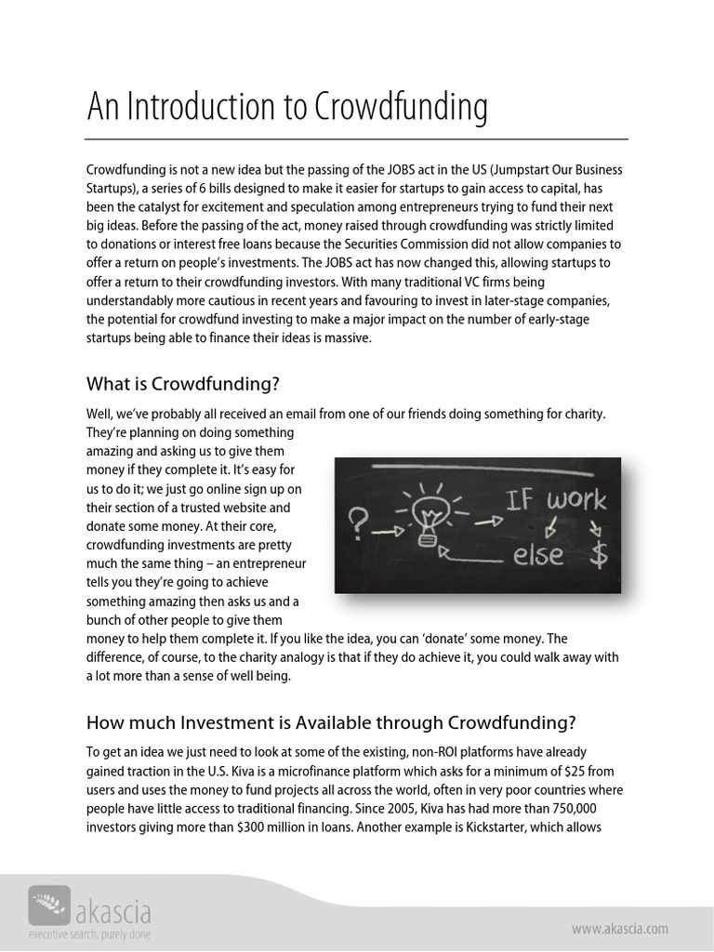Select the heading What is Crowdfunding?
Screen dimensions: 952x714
point(182,383)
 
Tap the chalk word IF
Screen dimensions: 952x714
point(520,502)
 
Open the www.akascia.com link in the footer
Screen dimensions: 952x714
point(618,928)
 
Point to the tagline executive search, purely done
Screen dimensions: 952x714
point(89,933)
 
